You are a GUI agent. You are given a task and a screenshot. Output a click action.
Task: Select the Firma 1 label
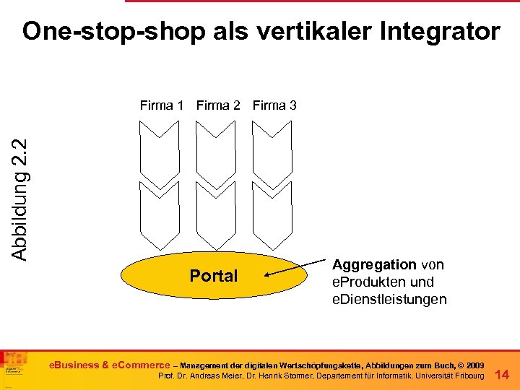tap(162, 105)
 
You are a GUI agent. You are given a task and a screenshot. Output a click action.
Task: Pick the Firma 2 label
tap(218, 105)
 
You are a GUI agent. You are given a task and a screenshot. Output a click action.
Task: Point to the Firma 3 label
tap(274, 105)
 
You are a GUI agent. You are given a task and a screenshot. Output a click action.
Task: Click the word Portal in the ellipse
tap(213, 276)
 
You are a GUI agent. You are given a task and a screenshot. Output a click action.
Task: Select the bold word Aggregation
tap(373, 265)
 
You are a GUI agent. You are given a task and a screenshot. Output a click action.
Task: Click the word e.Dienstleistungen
tap(389, 299)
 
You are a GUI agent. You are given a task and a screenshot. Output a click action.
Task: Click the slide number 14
tap(503, 374)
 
